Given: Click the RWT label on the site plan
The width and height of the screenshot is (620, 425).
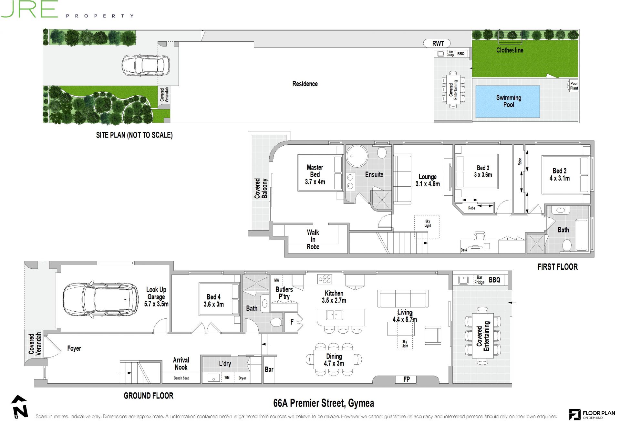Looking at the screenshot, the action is click(x=438, y=44).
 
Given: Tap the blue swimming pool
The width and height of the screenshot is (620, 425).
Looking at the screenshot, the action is click(x=507, y=101).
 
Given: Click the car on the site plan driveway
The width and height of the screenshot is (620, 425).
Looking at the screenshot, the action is click(x=146, y=65).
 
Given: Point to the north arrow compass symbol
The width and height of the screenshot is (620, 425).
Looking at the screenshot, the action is click(x=19, y=407).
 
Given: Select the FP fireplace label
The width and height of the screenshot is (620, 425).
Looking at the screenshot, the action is click(x=407, y=379).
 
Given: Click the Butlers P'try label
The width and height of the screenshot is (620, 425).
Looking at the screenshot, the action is click(x=284, y=293).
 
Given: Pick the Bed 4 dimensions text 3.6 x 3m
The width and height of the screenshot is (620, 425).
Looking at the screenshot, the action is click(x=213, y=304).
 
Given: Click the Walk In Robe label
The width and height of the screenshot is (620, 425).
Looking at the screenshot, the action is click(x=313, y=239).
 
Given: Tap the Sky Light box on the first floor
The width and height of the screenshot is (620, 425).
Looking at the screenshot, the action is click(x=427, y=227).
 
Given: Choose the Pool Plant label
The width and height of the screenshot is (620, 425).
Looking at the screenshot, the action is click(x=574, y=86).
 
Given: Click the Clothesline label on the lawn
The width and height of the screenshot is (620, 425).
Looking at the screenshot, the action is click(x=510, y=50).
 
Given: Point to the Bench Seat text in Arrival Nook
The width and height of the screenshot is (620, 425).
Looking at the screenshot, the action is click(x=181, y=378).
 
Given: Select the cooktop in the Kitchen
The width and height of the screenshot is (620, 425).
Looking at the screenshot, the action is click(x=325, y=279).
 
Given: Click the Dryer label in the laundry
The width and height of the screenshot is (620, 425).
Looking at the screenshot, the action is click(x=242, y=378).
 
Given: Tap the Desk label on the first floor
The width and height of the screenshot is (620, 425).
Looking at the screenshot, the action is click(x=464, y=250).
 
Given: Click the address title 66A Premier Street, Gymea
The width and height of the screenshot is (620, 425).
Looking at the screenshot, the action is click(x=324, y=403).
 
